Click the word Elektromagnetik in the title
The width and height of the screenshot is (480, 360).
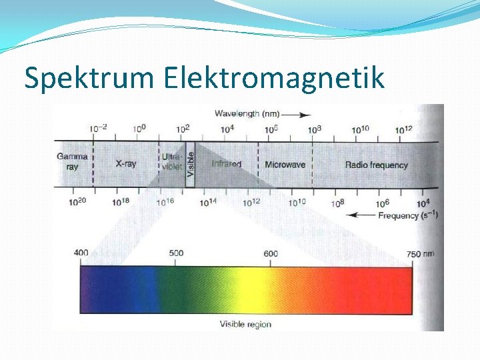pyautogui.click(x=274, y=78)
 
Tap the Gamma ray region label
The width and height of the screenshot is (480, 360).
pyautogui.click(x=72, y=162)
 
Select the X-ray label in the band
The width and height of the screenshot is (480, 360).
pyautogui.click(x=126, y=163)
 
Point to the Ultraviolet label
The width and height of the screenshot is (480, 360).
pyautogui.click(x=172, y=162)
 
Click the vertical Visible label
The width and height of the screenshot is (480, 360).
pyautogui.click(x=190, y=163)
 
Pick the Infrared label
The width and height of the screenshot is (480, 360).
pyautogui.click(x=227, y=164)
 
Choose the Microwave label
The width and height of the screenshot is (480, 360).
pyautogui.click(x=285, y=165)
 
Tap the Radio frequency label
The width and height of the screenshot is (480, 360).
pyautogui.click(x=376, y=165)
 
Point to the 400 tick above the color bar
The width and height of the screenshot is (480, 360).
pyautogui.click(x=81, y=253)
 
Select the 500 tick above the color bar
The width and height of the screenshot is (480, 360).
pyautogui.click(x=176, y=253)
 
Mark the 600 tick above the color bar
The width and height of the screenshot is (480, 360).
pyautogui.click(x=271, y=253)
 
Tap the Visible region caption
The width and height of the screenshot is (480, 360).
pyautogui.click(x=245, y=325)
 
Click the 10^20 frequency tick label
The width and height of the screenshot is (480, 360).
pyautogui.click(x=78, y=201)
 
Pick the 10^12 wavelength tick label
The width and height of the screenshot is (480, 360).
pyautogui.click(x=404, y=129)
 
